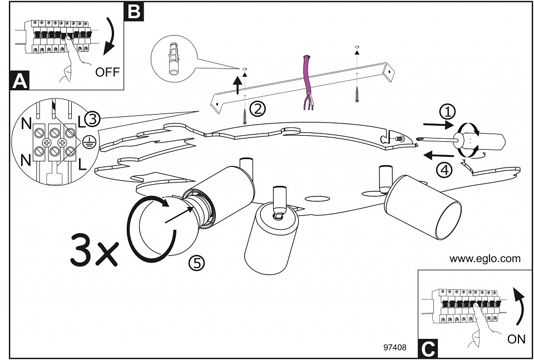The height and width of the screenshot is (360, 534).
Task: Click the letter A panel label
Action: [x=19, y=81]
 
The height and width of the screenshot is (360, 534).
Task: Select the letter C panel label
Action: [x=427, y=348]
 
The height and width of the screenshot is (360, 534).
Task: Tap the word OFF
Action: [x=107, y=72]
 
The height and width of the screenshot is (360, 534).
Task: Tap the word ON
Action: [x=516, y=339]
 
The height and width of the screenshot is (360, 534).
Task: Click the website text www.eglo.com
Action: [x=485, y=258]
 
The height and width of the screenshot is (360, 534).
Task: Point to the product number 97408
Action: [x=395, y=348]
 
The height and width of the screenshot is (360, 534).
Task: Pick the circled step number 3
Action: [x=93, y=119]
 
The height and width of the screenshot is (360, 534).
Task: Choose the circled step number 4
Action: [x=443, y=170]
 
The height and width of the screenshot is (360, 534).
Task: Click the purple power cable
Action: [x=306, y=81]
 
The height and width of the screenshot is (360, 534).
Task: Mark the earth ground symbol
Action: [x=87, y=141]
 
